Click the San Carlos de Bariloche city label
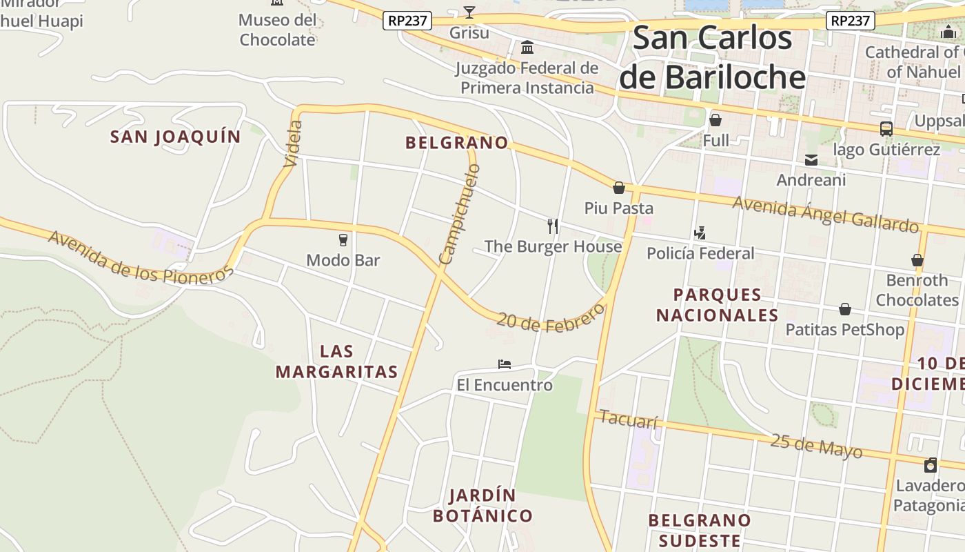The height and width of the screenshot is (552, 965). click(x=712, y=57)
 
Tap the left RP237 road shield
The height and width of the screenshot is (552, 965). click(x=407, y=21)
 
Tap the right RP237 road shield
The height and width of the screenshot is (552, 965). click(x=850, y=21)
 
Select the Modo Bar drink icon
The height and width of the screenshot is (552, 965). click(x=343, y=240)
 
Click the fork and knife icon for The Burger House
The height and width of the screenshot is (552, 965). click(x=552, y=226)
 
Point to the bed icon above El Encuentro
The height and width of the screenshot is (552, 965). click(x=505, y=364)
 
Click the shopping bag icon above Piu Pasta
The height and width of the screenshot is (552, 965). click(x=619, y=188)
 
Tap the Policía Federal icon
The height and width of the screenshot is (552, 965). click(x=700, y=233)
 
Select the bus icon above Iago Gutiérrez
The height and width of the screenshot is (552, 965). click(x=886, y=129)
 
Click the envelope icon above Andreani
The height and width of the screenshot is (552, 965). click(x=811, y=160)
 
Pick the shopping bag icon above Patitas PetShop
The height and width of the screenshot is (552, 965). click(x=845, y=309)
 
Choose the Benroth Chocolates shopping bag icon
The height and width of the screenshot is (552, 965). click(x=917, y=260)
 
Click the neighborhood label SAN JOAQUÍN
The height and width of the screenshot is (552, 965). click(x=176, y=137)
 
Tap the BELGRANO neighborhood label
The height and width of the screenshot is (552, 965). click(x=456, y=143)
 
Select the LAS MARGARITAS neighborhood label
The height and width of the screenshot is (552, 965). click(x=337, y=362)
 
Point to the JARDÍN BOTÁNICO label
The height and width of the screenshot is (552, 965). click(x=482, y=506)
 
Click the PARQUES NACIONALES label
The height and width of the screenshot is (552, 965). click(x=717, y=305)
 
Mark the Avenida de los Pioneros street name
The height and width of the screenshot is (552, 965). click(x=141, y=258)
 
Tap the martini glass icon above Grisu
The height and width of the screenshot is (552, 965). click(x=469, y=12)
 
